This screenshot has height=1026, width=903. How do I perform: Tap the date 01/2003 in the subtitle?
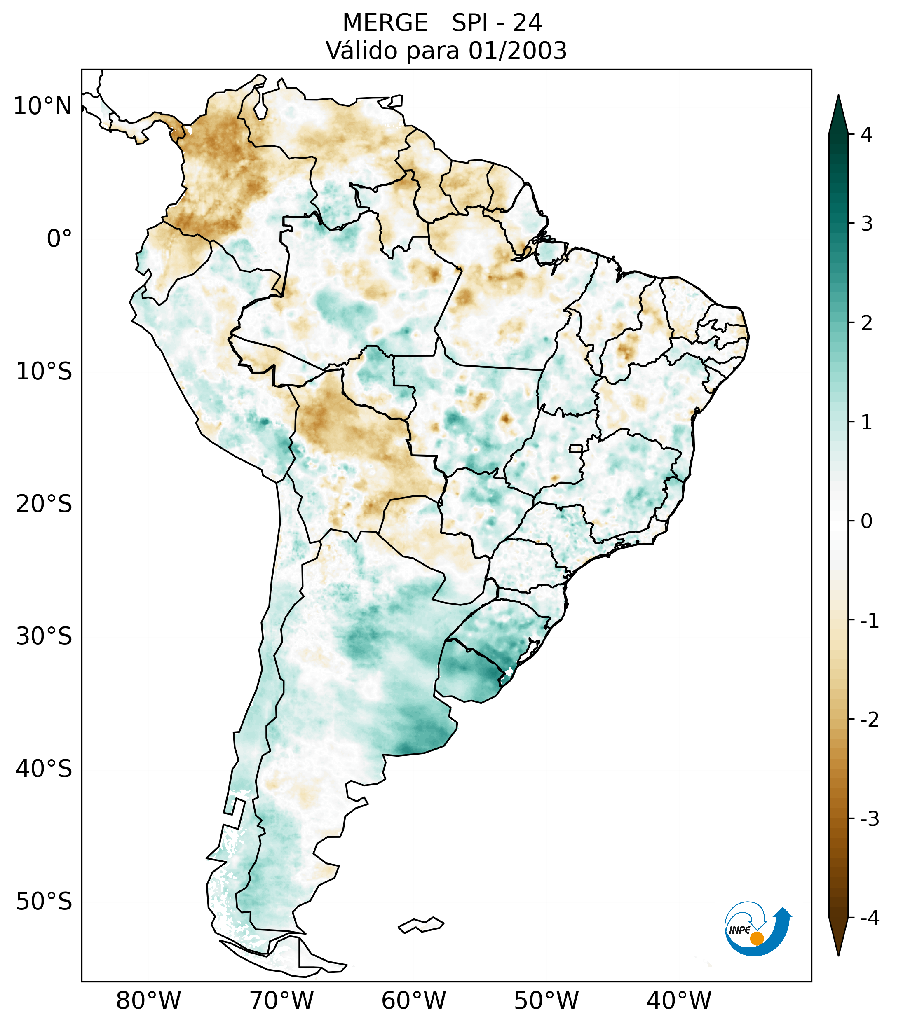517,51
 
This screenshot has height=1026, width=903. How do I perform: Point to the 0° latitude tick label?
59,238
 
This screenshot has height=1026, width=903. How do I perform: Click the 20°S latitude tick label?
44,504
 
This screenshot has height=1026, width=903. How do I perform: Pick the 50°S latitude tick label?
44,902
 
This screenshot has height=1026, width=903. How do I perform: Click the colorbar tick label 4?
866,135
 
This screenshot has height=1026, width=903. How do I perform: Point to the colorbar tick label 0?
866,521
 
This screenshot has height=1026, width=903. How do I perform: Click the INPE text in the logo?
740,930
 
